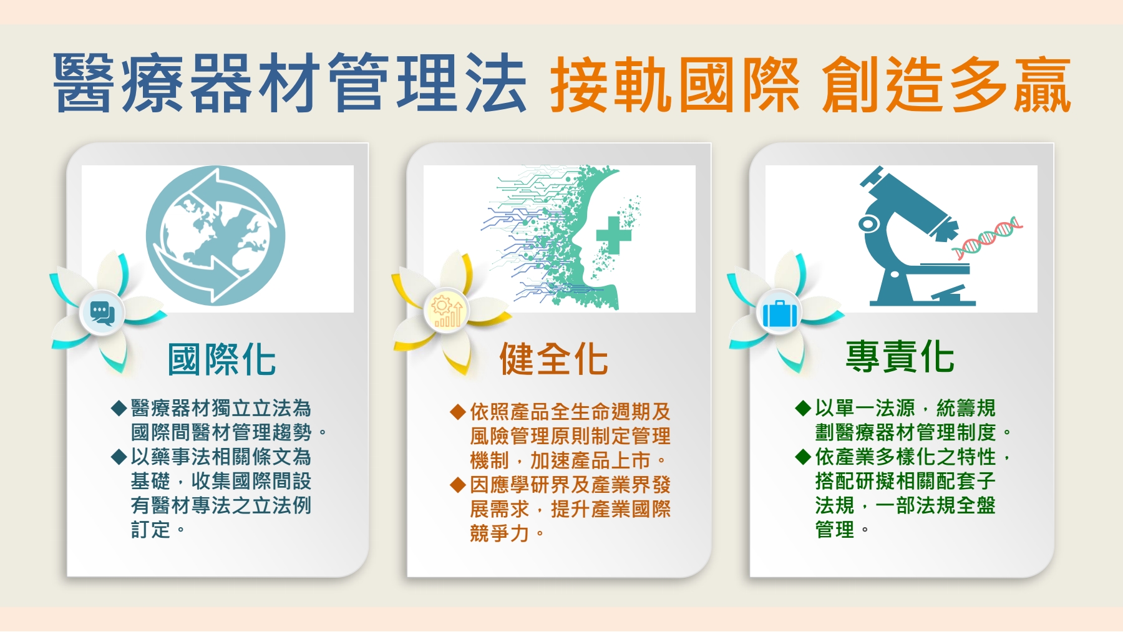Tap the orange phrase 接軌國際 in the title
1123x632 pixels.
pos(674,84)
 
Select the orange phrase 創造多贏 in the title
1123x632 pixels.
pos(946,84)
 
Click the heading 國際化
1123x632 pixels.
pos(221,359)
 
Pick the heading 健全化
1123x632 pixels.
pos(553,359)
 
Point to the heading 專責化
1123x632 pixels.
pos(900,356)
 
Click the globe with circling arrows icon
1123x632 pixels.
pos(216,236)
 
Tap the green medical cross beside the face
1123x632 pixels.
pos(614,235)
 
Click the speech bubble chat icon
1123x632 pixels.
pos(102,313)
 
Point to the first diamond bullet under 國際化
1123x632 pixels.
pos(119,409)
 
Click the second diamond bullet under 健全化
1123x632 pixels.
pos(458,485)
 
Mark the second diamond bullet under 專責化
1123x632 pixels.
pos(804,457)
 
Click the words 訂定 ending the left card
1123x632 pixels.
pos(150,530)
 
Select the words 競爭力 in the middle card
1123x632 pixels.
pos(499,533)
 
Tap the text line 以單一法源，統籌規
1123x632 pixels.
pos(905,408)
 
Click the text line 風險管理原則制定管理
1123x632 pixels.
pos(570,436)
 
